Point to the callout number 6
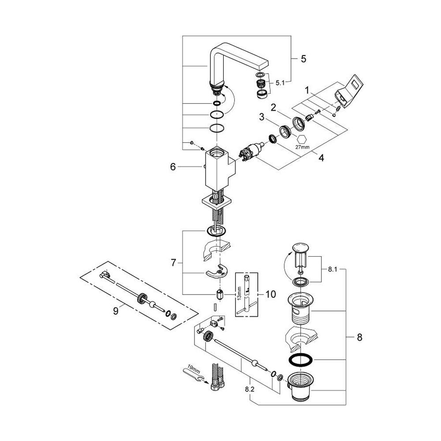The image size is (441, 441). click(173, 167)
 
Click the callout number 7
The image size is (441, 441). click(174, 263)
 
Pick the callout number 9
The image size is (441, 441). click(116, 311)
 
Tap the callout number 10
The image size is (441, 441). click(270, 294)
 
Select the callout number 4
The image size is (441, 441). click(321, 157)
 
